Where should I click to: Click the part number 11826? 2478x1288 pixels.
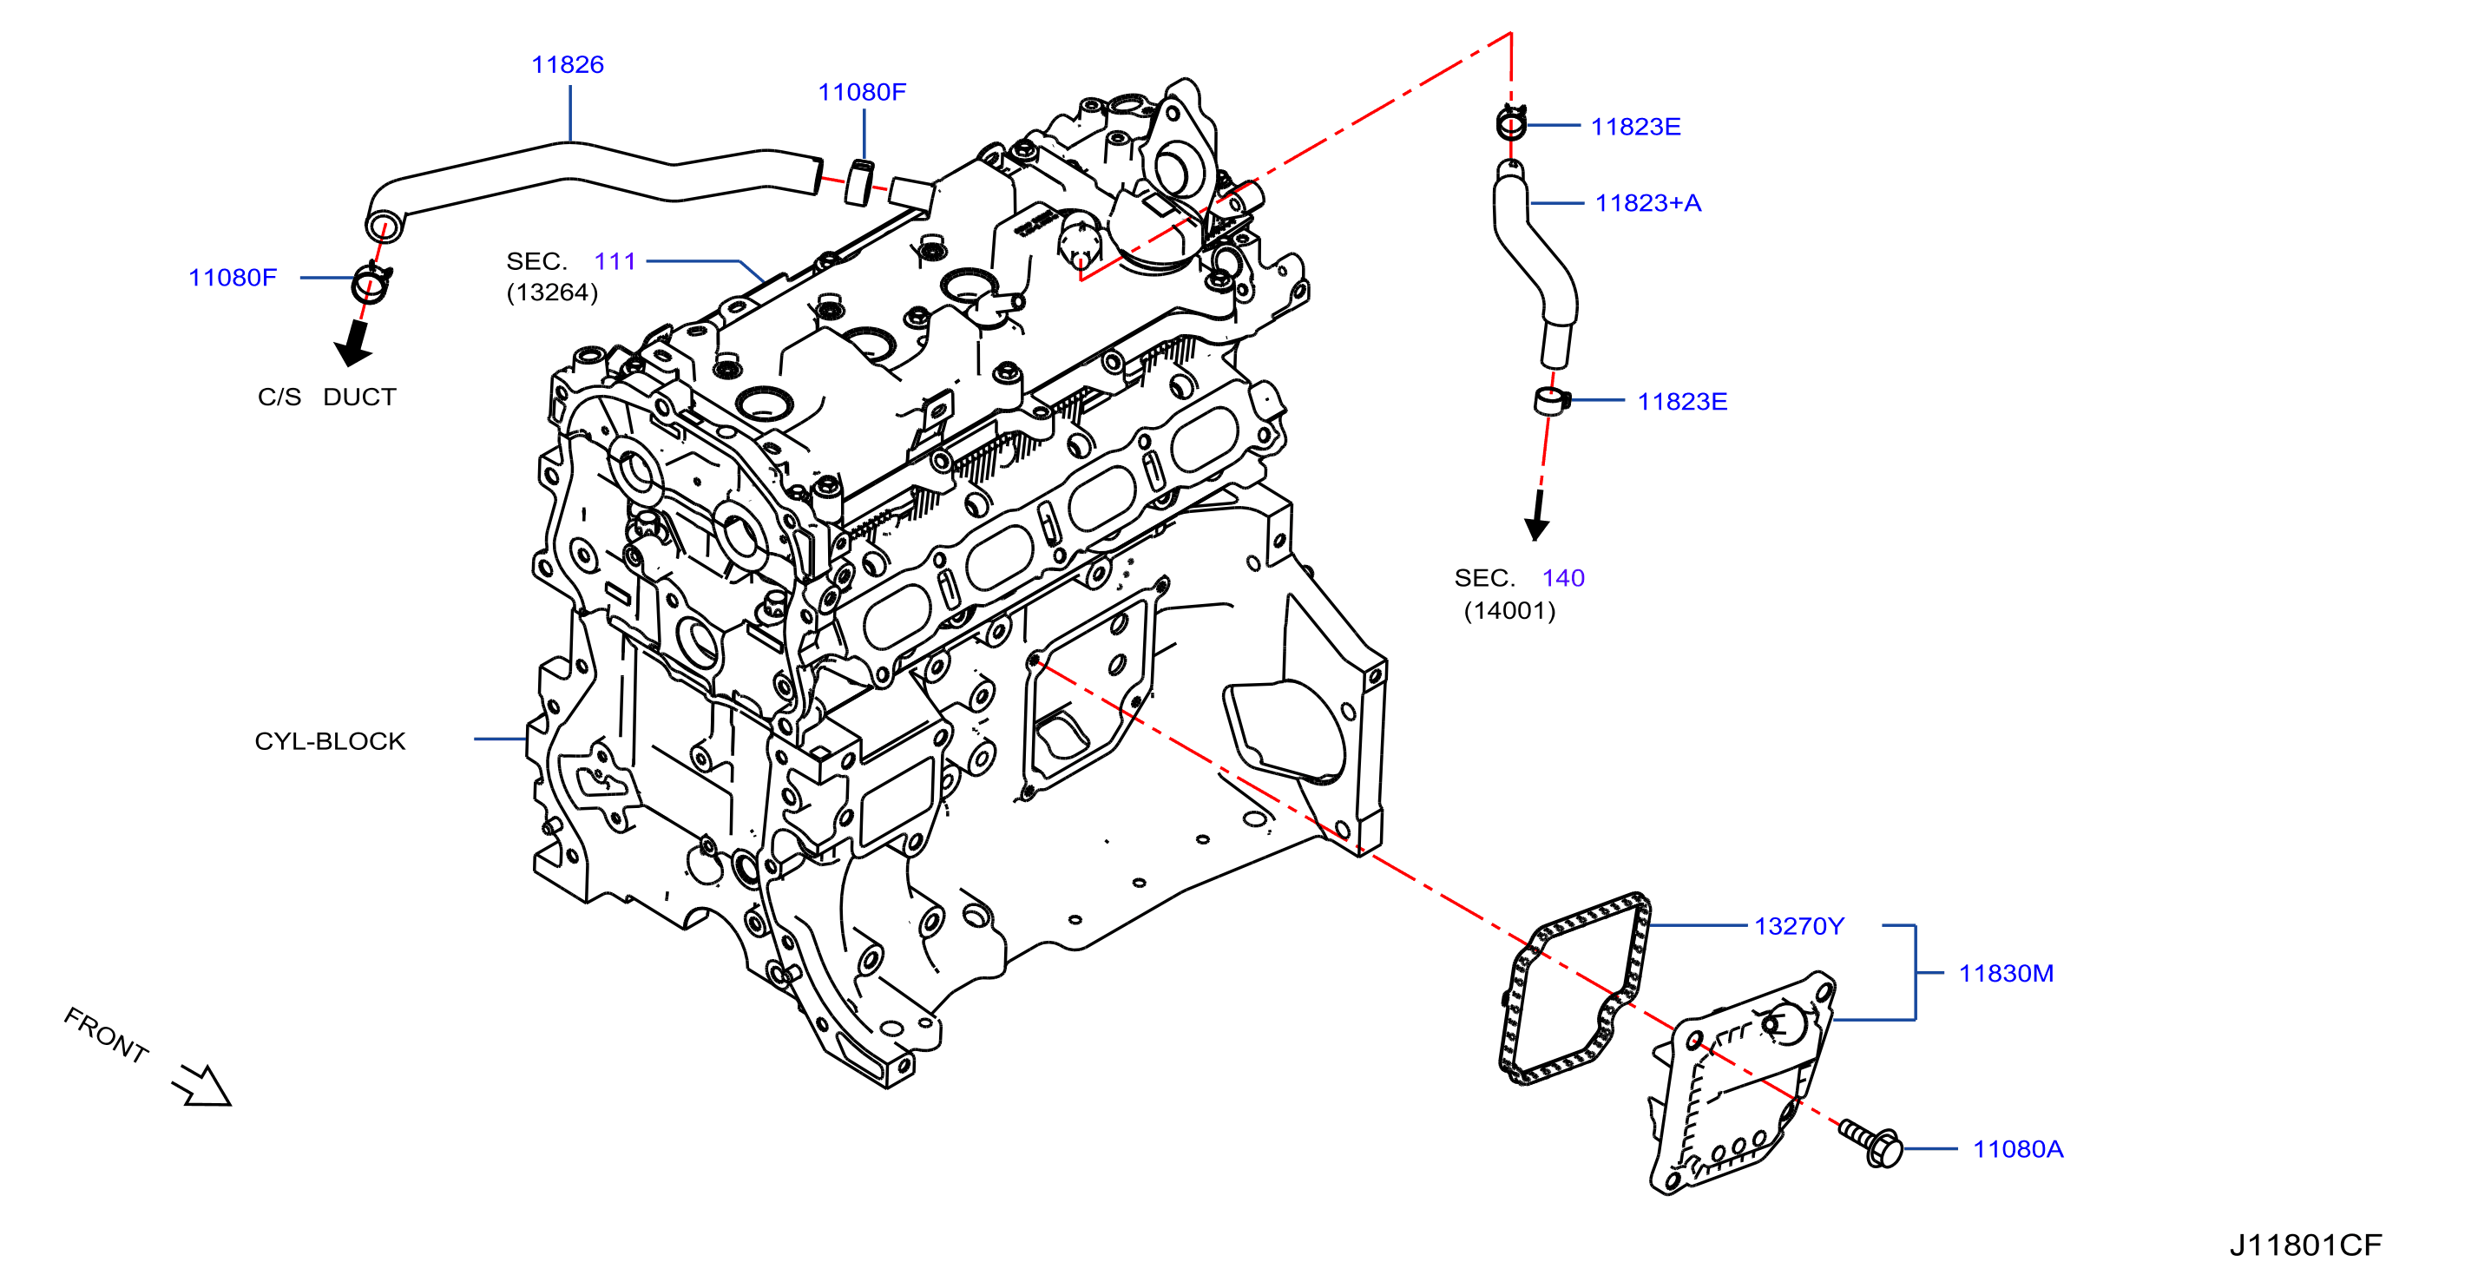pos(568,64)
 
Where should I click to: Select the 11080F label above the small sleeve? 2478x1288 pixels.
pos(862,91)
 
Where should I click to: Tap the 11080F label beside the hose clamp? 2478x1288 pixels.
pos(233,277)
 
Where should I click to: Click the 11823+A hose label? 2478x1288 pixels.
pos(1648,203)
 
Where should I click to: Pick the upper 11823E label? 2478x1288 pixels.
pos(1635,126)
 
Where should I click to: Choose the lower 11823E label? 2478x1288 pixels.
pos(1682,401)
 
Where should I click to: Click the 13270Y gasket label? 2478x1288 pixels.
pos(1799,925)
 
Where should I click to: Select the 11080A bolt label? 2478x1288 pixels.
pos(2018,1148)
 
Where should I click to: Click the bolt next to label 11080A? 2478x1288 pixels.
pos(1871,1143)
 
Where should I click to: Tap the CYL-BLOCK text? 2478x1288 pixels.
pos(330,740)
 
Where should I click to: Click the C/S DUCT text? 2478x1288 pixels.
pos(327,397)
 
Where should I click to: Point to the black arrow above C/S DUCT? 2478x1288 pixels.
pos(354,344)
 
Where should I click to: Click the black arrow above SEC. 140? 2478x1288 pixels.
pos(1537,516)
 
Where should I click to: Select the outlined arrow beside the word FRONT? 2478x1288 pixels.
pos(202,1086)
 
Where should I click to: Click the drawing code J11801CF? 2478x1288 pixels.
pos(2306,1245)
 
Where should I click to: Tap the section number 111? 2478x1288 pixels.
pos(615,260)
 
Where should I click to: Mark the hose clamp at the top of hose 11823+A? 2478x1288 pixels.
pos(1511,123)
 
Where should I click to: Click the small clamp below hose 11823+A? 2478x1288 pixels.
pos(1551,400)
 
